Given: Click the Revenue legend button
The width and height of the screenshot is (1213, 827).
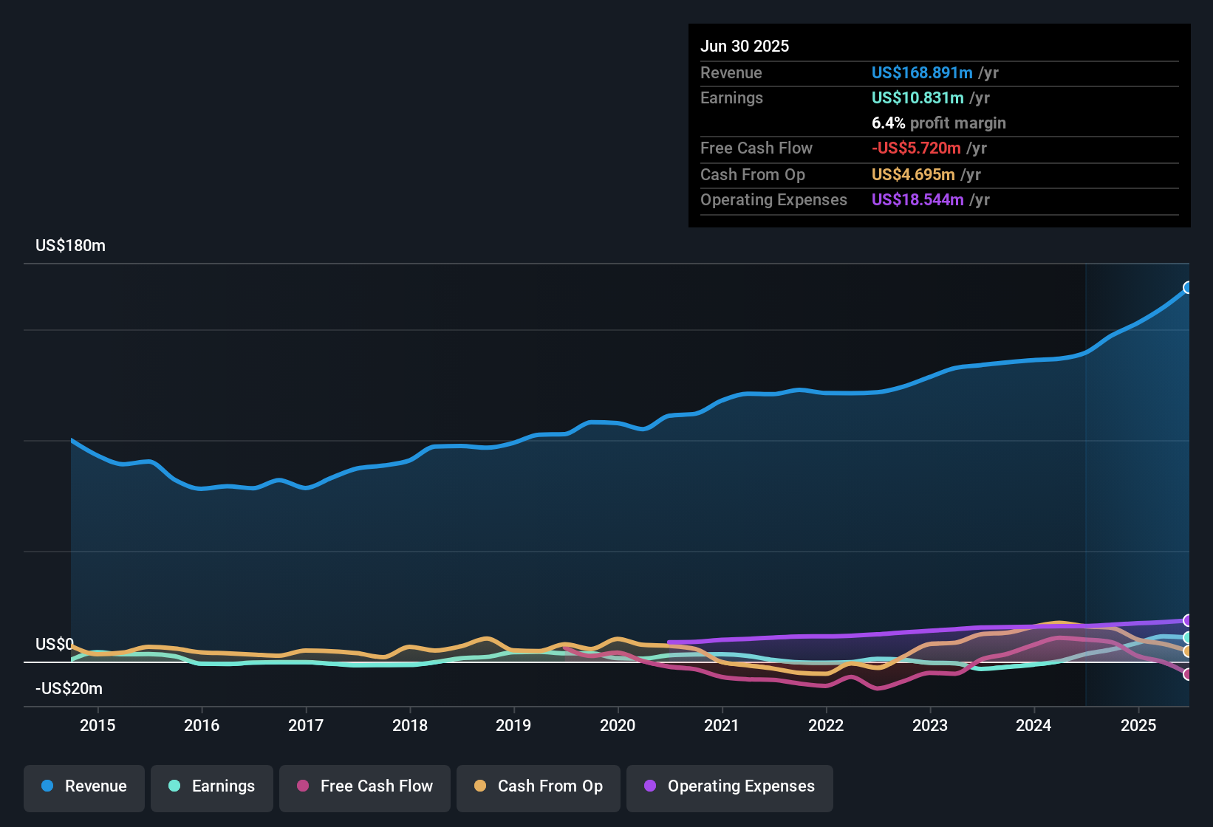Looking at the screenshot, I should click(x=84, y=786).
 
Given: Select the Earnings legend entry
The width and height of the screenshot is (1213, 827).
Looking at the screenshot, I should click(x=212, y=786).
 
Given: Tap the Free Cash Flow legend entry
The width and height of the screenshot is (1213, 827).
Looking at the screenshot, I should click(x=365, y=786).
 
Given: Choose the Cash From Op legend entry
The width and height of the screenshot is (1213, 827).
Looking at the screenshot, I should click(x=539, y=786).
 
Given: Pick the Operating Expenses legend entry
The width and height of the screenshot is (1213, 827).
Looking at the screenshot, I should click(x=730, y=786).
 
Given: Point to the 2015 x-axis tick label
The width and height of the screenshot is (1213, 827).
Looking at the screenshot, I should click(x=98, y=725).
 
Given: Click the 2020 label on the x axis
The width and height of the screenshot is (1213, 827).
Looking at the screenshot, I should click(x=618, y=725).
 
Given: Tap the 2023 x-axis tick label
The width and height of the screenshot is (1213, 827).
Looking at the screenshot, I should click(x=929, y=725).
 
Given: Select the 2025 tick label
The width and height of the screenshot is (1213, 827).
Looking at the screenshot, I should click(x=1138, y=725).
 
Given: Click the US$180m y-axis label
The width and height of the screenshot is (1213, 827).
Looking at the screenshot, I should click(x=70, y=246).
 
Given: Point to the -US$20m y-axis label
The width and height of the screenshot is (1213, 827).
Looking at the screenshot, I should click(x=69, y=689).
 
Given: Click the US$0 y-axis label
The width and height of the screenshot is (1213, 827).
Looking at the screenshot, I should click(x=54, y=644).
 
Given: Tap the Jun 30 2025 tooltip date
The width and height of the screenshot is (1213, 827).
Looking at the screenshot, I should click(x=744, y=46).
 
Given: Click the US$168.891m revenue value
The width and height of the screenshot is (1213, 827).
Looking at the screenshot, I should click(x=921, y=72).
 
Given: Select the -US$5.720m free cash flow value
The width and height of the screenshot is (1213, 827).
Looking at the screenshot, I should click(x=916, y=148).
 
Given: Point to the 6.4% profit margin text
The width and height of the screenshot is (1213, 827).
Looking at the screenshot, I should click(x=938, y=123).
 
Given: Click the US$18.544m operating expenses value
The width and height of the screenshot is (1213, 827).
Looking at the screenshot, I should click(x=917, y=199).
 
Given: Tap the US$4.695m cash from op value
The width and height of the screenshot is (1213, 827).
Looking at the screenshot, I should click(x=912, y=174).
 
